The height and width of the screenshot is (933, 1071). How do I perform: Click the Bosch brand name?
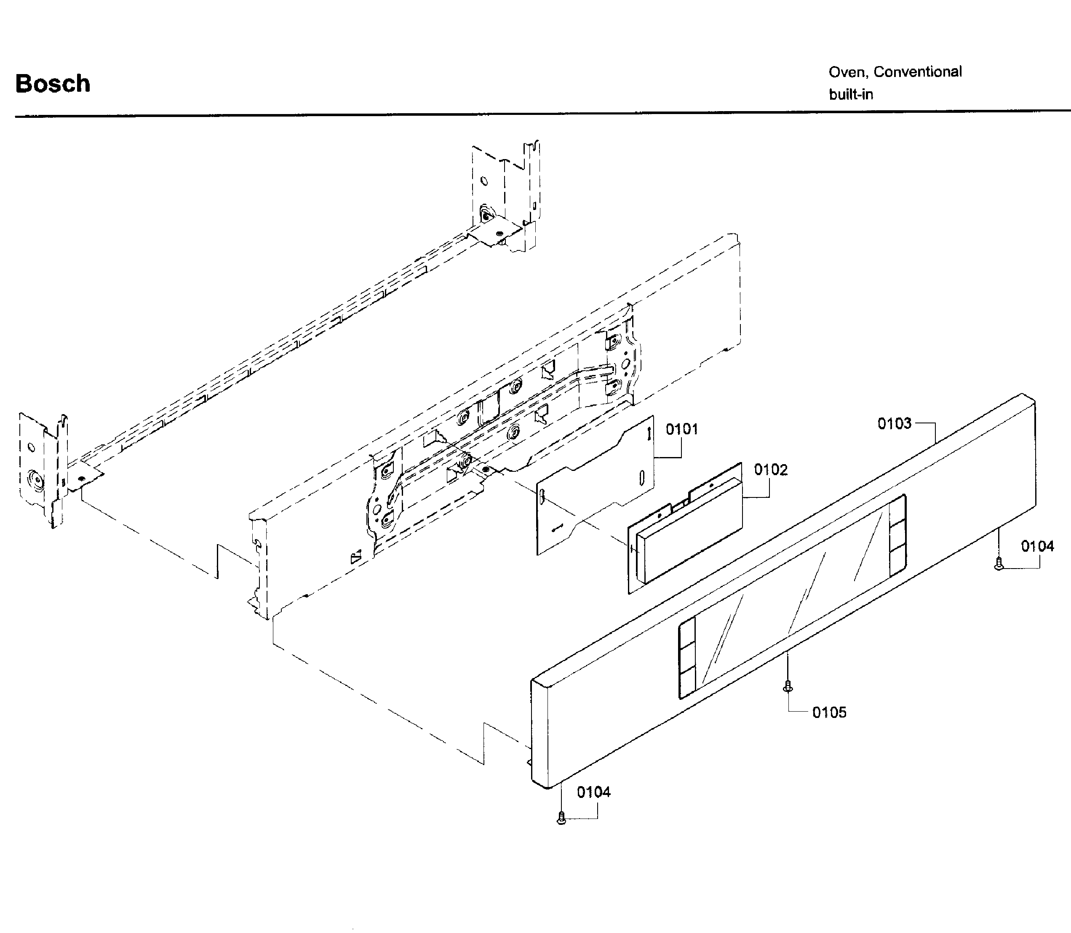53,83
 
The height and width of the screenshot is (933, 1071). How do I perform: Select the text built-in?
851,95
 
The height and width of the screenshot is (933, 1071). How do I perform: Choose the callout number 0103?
895,423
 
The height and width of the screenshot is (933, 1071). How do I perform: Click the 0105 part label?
829,712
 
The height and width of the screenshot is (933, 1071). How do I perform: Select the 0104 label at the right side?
1037,546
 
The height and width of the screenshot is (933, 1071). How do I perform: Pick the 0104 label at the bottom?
593,792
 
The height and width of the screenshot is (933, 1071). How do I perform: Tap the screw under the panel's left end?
561,818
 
